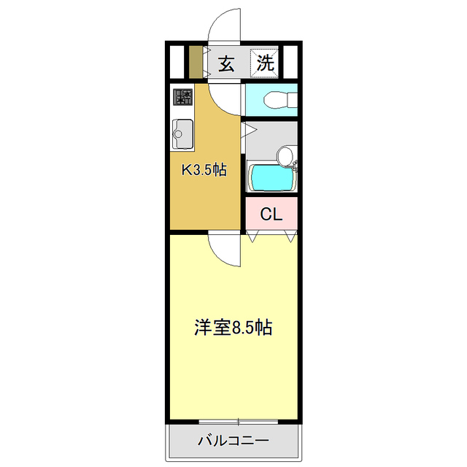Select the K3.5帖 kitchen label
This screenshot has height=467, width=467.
(x=204, y=171)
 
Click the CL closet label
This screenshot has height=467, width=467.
(x=271, y=215)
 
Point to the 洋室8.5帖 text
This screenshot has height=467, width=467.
(x=233, y=328)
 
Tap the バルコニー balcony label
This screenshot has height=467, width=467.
(x=233, y=441)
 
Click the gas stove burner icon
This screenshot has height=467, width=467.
(x=182, y=97)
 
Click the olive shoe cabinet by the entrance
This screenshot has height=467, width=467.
(x=195, y=62)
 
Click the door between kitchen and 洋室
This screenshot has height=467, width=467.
(x=225, y=250)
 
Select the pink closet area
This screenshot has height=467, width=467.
(x=271, y=215)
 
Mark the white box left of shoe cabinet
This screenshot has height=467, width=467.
(x=176, y=62)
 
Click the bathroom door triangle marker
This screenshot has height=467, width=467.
(x=249, y=131)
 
